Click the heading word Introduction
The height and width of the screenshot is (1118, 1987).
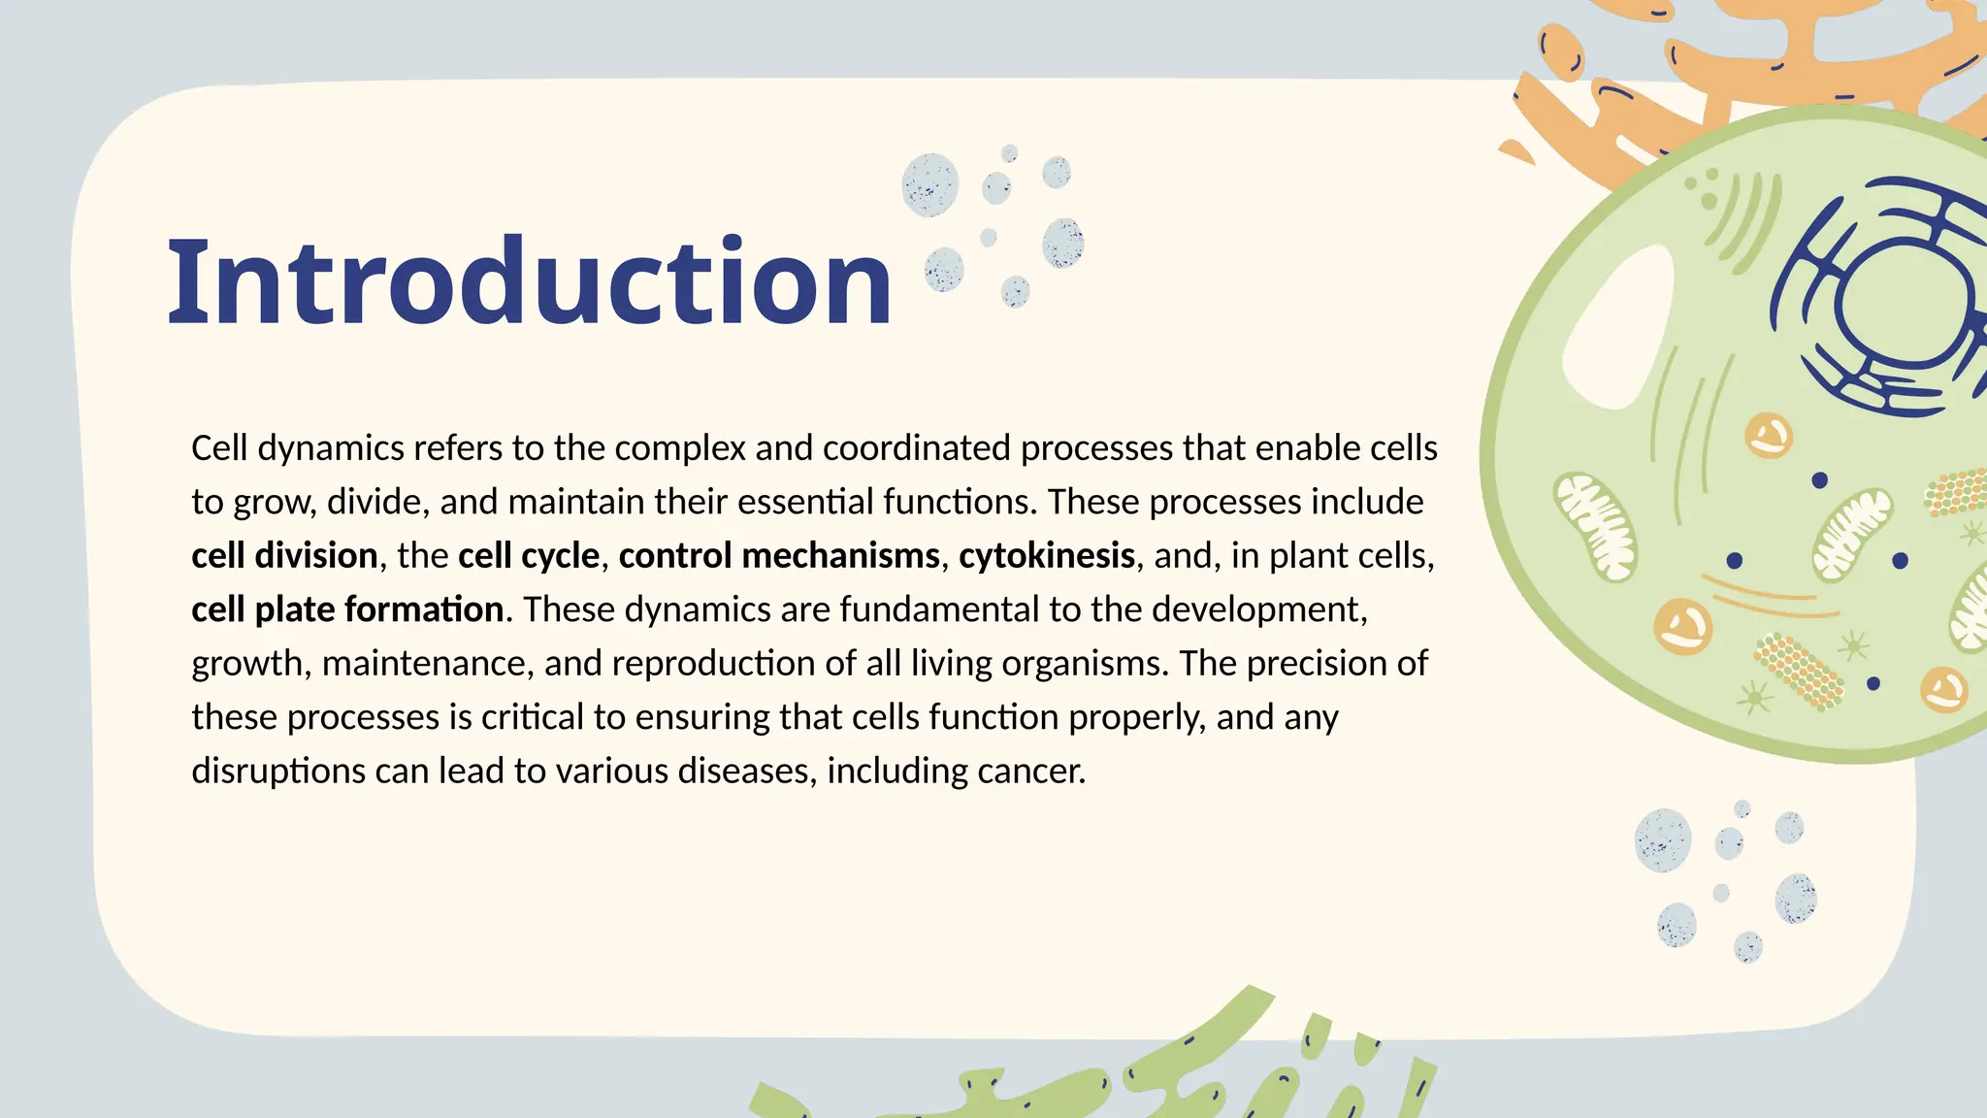[x=529, y=282]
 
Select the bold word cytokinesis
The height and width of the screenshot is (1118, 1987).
[x=1047, y=556]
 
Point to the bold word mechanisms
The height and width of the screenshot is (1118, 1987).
[x=840, y=556]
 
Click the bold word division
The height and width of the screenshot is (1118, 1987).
[x=316, y=556]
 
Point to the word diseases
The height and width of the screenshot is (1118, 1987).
[x=747, y=772]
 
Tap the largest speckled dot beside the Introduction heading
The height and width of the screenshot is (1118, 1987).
[x=929, y=184]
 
